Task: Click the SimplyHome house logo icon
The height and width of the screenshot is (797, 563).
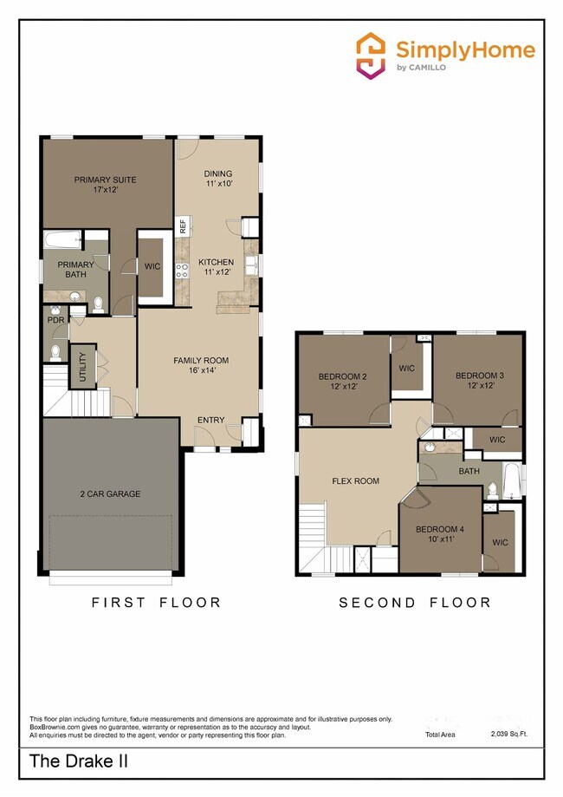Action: [x=372, y=56]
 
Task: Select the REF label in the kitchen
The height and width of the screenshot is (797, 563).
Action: [x=183, y=226]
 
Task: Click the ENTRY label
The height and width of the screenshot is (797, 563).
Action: [x=210, y=421]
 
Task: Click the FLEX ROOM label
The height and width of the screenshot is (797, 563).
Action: [x=356, y=480]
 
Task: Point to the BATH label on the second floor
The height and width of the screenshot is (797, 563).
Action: [x=469, y=472]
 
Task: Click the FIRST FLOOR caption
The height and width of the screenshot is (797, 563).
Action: [x=156, y=602]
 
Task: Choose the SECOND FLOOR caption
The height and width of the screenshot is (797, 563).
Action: [x=414, y=602]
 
